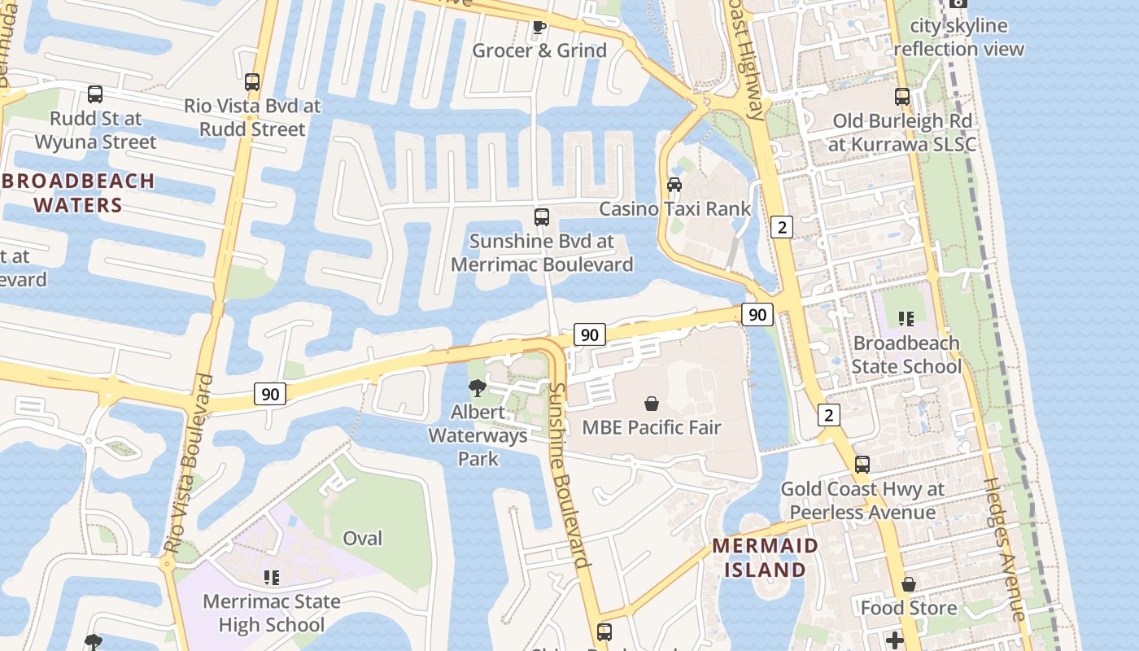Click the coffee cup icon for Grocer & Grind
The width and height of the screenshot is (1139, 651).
pos(539,27)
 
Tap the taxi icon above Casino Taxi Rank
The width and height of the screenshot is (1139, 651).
pos(674,185)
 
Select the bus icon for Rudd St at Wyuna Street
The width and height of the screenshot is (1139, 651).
pos(95,94)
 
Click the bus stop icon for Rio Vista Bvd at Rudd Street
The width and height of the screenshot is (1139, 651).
pos(252,82)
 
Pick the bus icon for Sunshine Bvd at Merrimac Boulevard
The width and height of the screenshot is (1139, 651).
pos(542,217)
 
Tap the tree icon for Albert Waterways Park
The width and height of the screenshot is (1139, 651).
pos(478,388)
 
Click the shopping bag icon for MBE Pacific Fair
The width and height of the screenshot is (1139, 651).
pos(652,404)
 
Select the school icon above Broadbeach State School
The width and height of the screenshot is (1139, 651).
pos(906,319)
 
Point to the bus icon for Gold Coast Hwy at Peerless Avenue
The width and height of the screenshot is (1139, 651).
pos(862,465)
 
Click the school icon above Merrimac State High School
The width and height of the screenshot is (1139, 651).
pos(271,578)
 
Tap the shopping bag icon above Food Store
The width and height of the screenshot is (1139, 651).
pos(909,585)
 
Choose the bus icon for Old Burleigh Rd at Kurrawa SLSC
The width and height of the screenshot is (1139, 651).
pos(902,97)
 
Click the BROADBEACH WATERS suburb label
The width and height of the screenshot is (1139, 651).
pos(78,193)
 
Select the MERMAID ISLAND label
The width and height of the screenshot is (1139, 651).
pos(765,557)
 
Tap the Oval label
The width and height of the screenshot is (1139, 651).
pos(362,539)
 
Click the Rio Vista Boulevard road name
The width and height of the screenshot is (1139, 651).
pos(189,464)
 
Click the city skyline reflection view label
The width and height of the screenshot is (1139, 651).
pos(958,37)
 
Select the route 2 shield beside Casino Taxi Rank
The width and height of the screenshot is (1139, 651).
pos(782,227)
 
